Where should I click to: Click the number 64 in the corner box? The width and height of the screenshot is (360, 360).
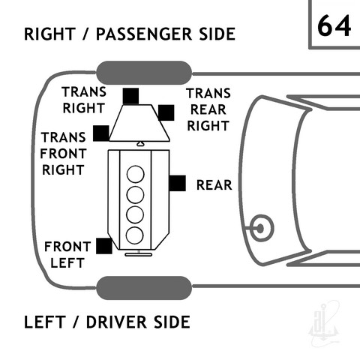[334, 25]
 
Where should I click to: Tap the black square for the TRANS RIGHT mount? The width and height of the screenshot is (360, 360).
[130, 96]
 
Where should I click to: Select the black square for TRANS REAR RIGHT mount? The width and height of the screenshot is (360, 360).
[166, 112]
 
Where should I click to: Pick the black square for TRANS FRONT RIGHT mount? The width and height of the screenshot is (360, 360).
[101, 133]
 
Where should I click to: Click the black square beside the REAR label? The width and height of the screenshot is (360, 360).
[178, 183]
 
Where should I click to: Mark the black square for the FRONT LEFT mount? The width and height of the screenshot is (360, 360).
[104, 246]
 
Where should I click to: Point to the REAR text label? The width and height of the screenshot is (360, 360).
[214, 185]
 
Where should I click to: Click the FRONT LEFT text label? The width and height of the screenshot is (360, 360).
[67, 255]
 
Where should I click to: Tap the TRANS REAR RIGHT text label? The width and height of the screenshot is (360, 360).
[208, 109]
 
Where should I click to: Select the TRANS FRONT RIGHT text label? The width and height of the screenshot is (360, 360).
[63, 154]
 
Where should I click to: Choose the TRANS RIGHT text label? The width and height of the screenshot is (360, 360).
[84, 100]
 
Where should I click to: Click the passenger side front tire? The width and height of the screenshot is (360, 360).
[144, 73]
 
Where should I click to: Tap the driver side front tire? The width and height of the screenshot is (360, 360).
[144, 288]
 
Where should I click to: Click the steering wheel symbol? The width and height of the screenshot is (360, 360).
[262, 228]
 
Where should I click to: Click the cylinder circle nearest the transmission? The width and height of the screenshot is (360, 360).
[136, 174]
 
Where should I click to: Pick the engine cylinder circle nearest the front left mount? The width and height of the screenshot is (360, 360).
[135, 235]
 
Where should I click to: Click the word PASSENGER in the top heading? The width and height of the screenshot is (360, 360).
[144, 34]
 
